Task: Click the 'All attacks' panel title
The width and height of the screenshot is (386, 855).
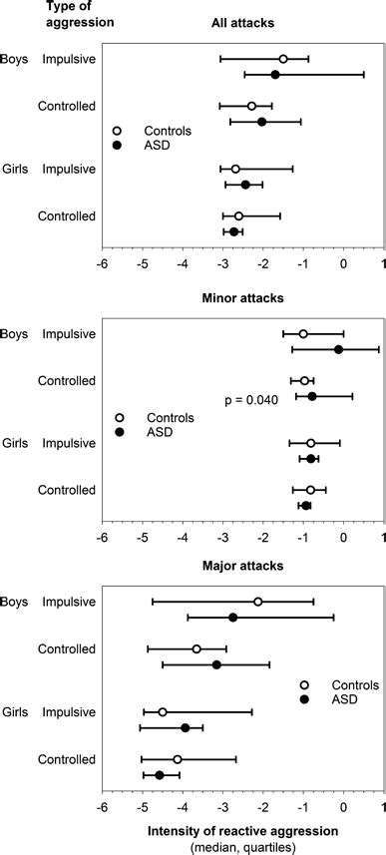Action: [243, 21]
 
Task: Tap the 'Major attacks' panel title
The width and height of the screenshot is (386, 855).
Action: [243, 567]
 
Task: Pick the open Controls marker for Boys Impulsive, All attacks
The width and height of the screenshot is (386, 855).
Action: [283, 59]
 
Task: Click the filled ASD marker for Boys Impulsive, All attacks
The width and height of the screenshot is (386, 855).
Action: [275, 75]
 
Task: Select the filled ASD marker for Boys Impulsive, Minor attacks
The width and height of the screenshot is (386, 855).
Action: [338, 349]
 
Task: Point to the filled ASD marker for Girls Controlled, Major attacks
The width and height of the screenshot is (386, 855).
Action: [160, 775]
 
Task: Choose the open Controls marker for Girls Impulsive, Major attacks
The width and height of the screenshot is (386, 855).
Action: [163, 711]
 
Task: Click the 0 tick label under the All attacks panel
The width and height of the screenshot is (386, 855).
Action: [343, 264]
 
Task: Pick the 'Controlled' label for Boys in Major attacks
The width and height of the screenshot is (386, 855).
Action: [66, 648]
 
